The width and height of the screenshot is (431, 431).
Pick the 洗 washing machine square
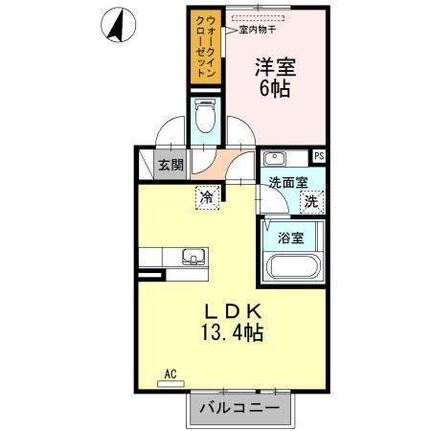click(x=311, y=201)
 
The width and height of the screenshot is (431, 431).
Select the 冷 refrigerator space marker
click(x=206, y=196)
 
